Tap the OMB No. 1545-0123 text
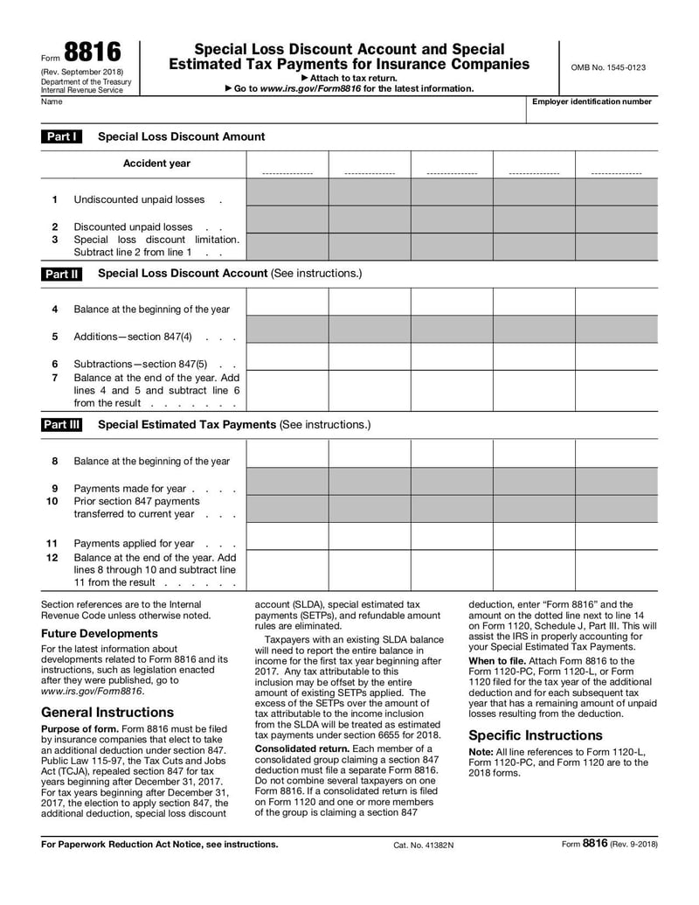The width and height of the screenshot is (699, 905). tap(608, 67)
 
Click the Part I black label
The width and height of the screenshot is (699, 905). tap(62, 136)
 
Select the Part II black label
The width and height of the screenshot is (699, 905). tap(62, 274)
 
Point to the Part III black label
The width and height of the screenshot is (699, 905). tap(62, 425)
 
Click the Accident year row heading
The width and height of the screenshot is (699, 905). tap(156, 164)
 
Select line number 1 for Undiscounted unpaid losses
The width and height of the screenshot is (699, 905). tap(54, 199)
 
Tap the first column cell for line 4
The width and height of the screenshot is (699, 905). tap(287, 302)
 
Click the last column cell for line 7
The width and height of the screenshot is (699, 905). tap(616, 390)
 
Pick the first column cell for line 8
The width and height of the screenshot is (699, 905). tap(287, 454)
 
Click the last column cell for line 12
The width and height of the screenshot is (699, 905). tap(616, 570)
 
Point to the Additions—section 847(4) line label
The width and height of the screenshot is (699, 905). tap(133, 337)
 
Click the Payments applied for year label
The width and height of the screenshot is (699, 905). tap(134, 543)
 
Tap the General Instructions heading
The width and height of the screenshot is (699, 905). tap(107, 712)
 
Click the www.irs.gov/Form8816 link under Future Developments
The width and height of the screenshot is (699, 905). tap(91, 692)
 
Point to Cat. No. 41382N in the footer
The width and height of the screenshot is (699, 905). tap(424, 845)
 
